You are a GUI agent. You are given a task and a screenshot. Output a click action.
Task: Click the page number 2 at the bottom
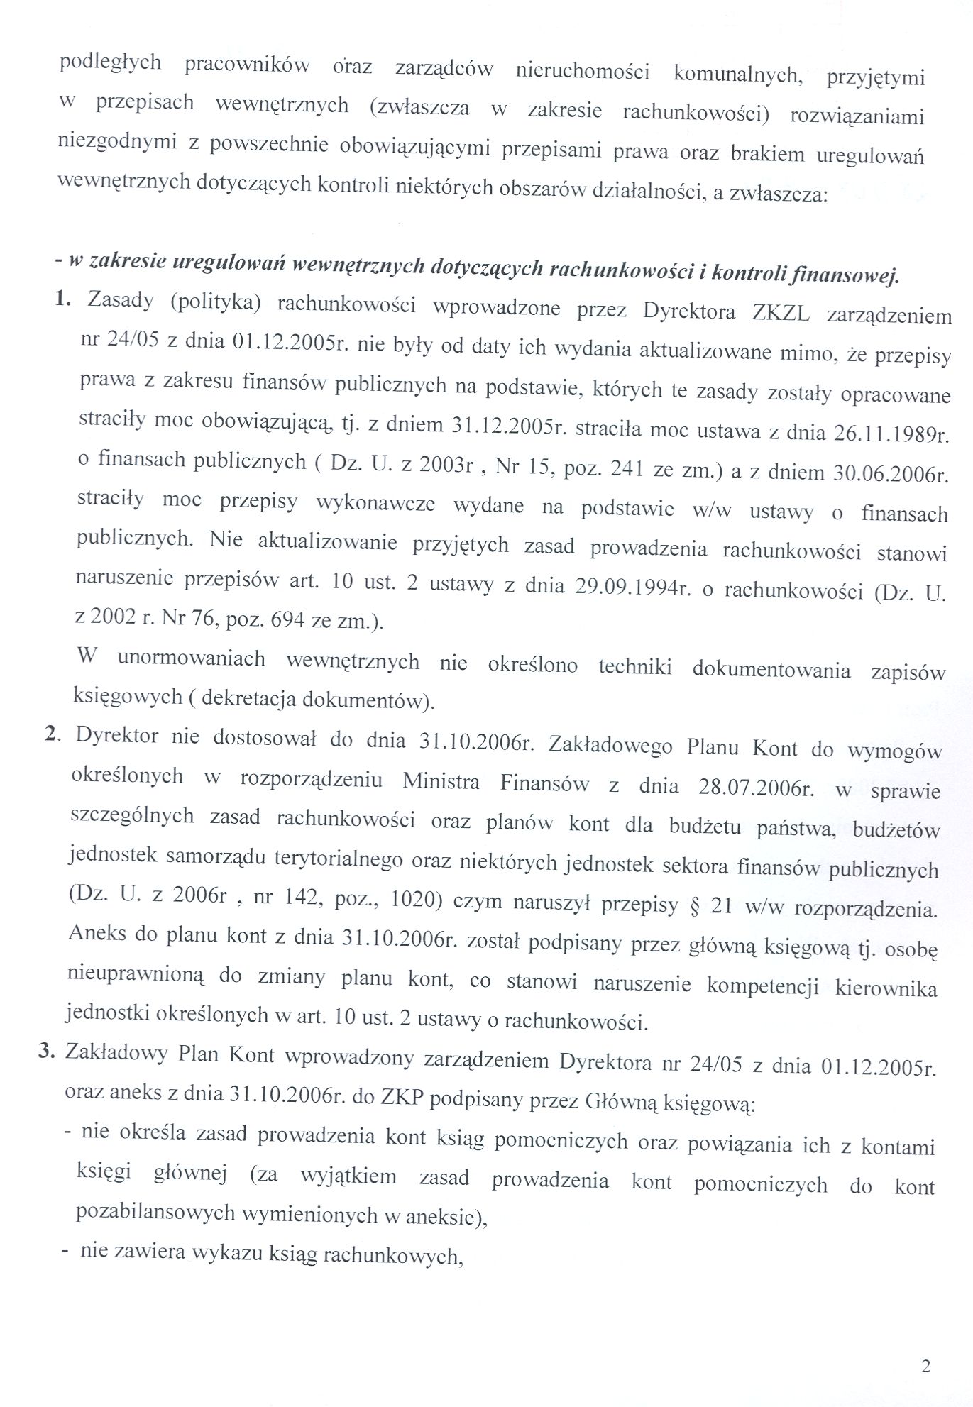tap(925, 1367)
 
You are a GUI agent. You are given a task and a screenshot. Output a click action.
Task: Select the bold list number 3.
tap(47, 1052)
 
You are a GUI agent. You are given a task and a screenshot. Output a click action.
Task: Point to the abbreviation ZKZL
tap(779, 314)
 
